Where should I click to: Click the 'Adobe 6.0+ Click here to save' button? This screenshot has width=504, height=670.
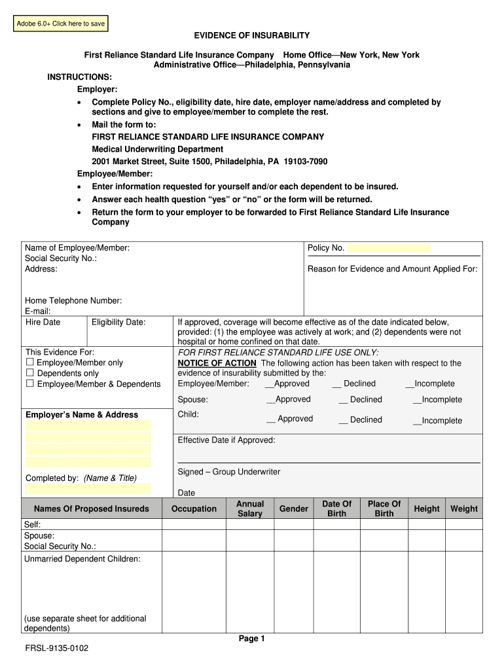coord(61,24)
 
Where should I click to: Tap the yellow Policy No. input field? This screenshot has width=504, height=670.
coord(388,248)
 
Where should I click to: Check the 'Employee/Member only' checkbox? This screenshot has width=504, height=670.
coord(29,362)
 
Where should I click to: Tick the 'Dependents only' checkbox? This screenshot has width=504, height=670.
coord(29,373)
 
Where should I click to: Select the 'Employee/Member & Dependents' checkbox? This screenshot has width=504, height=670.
coord(29,383)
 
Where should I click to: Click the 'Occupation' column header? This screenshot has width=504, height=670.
coord(194,508)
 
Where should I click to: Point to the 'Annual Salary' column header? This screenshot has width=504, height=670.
coord(250,508)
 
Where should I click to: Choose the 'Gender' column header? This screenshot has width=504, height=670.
coord(294,508)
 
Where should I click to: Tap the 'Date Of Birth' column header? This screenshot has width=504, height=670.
coord(336,508)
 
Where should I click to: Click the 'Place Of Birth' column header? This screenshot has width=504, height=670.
coord(384,508)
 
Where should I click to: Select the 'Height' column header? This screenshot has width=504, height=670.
coord(427,508)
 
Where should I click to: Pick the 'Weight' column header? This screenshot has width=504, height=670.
coord(464,508)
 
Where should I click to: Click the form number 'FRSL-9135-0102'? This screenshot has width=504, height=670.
coord(56,648)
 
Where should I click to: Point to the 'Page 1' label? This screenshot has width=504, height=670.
coord(251,639)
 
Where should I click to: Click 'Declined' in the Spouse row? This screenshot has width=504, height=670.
coord(365,400)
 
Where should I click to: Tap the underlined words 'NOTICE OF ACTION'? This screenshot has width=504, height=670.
coord(217,363)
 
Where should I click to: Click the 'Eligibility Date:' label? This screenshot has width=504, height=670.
coord(118,322)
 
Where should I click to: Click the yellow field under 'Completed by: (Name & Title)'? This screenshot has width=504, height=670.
coord(88,488)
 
